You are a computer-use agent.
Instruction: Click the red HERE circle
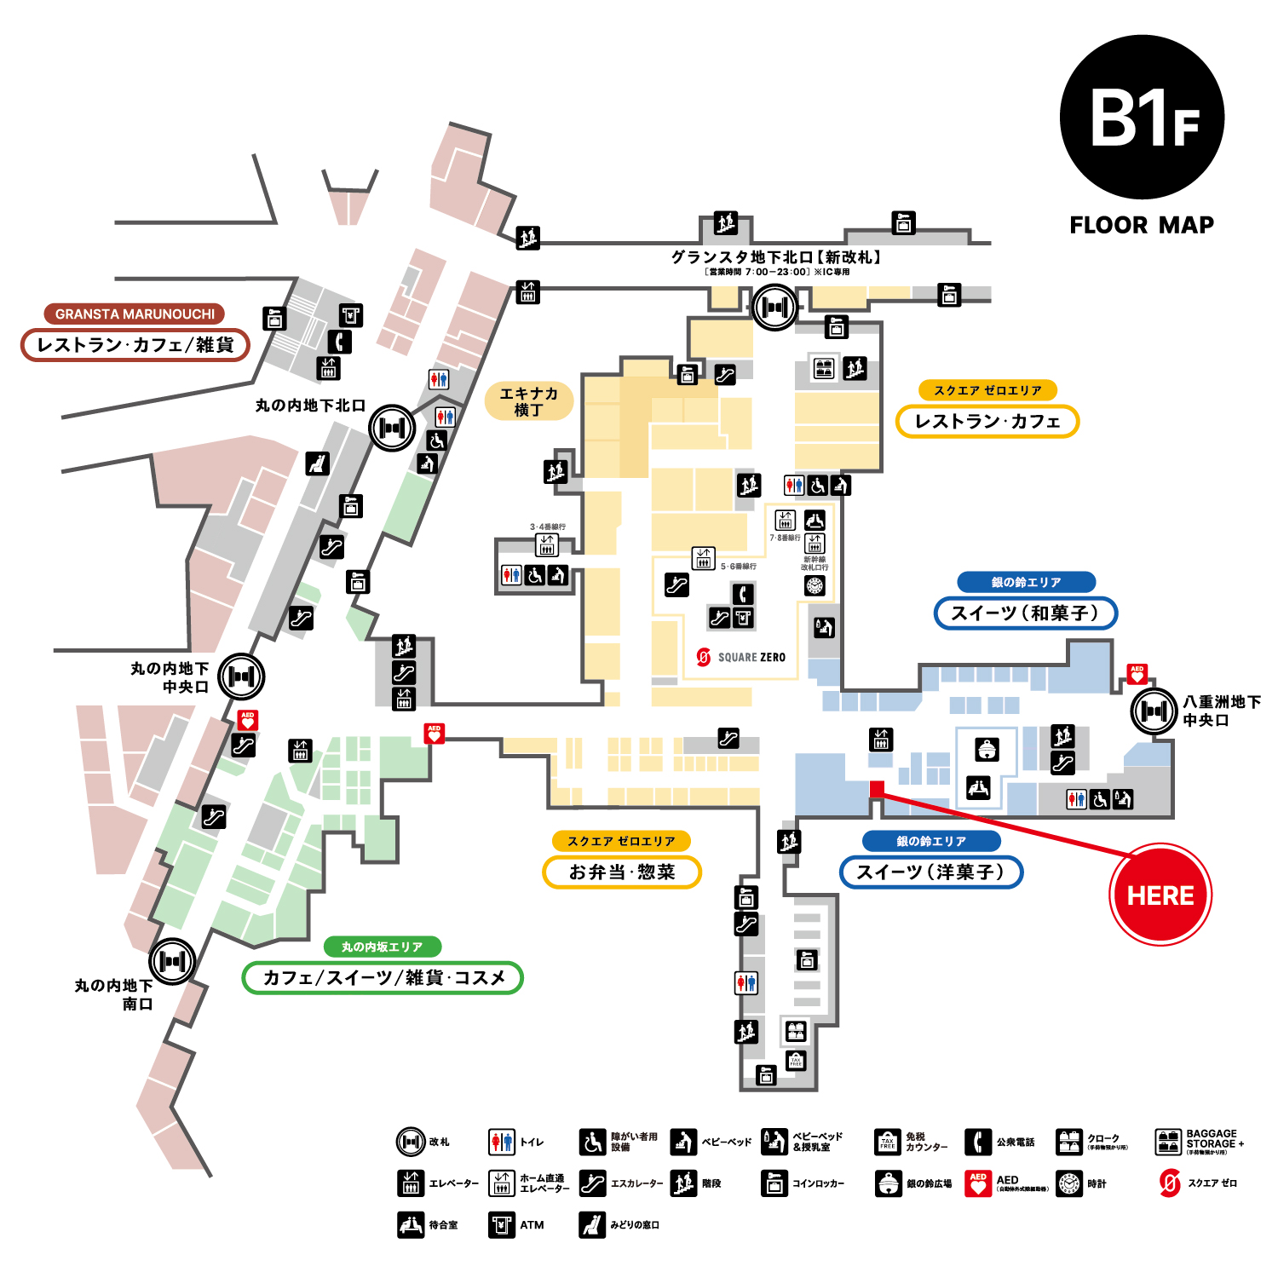1160,895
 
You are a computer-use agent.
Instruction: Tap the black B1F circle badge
1142,118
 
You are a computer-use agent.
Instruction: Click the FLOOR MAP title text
1142,225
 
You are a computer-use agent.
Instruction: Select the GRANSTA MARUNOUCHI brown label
135,314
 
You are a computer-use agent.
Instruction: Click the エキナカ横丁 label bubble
528,401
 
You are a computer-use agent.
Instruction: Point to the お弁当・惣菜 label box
622,872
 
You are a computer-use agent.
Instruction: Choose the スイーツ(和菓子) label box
1025,613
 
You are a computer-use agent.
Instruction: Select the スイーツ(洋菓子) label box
930,872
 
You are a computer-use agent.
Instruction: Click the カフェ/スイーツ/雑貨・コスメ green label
383,977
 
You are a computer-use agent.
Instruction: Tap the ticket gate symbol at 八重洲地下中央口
1154,711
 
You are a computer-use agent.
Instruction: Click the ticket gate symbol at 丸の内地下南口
172,961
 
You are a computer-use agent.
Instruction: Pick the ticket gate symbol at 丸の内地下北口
392,428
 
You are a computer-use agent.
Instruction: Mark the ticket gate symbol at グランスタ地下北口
774,307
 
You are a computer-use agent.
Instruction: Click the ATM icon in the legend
502,1225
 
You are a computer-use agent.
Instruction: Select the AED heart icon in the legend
978,1183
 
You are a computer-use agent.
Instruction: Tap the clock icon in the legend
1069,1183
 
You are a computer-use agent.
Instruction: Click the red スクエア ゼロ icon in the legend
1170,1183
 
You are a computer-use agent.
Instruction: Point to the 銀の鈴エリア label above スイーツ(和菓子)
1026,582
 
